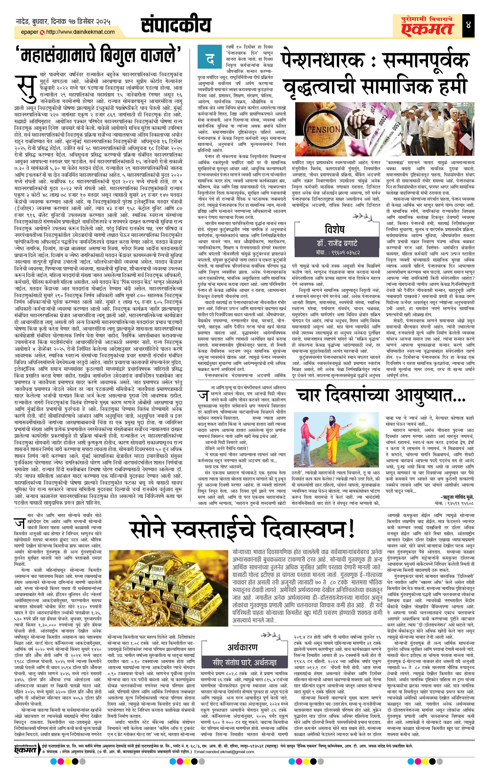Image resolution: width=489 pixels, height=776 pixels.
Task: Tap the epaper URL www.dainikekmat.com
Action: [x=80, y=32]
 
